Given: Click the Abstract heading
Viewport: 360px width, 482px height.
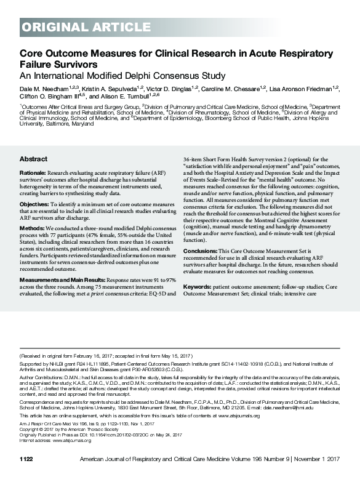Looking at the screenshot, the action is click(x=33, y=158).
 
